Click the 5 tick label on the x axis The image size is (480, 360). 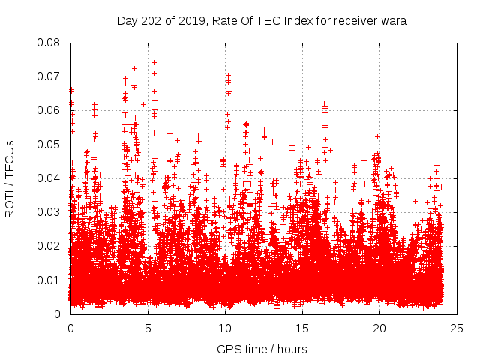click(148, 328)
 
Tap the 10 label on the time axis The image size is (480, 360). click(225, 328)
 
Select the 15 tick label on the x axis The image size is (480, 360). click(302, 328)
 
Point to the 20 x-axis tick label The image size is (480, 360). click(379, 328)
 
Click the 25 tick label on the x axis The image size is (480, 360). click(457, 328)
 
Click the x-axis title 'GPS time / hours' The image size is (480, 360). click(262, 349)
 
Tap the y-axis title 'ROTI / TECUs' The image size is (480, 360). click(10, 178)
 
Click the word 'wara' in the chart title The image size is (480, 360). click(392, 21)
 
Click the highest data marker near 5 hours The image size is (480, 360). click(154, 62)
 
